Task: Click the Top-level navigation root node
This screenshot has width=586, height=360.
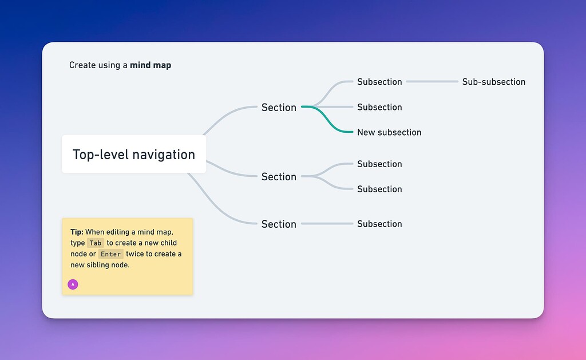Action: coord(133,155)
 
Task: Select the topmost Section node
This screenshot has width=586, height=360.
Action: coord(279,108)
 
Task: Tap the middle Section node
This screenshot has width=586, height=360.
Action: coord(279,177)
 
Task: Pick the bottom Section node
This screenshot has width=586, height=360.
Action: coord(279,224)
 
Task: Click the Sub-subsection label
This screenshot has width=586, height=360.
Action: coord(493,82)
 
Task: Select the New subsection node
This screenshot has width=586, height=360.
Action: coord(389,132)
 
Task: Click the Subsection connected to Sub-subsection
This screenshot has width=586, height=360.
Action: coord(379,82)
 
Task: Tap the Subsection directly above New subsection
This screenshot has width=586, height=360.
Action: coord(379,107)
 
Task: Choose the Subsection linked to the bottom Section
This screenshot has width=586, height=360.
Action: coord(379,224)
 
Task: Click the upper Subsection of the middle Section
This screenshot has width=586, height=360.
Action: coord(379,164)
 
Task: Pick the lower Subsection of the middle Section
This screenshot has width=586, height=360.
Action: coord(379,189)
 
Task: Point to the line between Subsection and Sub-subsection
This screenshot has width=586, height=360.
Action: coord(432,82)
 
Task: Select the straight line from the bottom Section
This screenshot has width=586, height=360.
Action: coord(327,224)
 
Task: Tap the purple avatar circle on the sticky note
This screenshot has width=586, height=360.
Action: coord(73,284)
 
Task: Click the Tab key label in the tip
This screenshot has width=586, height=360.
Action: coord(96,243)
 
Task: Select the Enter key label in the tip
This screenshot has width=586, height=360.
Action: coord(110,254)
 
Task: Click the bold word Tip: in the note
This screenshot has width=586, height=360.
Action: coord(77,232)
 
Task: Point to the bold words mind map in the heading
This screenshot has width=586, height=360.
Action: coord(151,65)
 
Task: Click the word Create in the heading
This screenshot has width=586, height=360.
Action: coord(82,65)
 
